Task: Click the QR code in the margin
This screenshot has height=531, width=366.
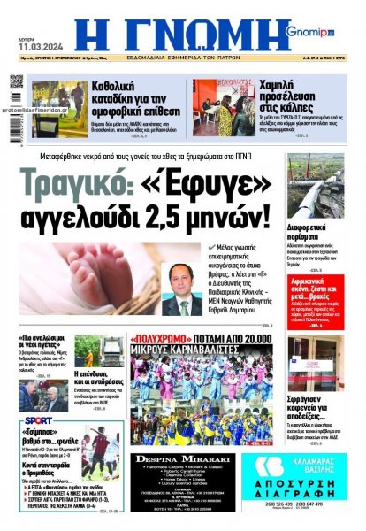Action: (x=16, y=81)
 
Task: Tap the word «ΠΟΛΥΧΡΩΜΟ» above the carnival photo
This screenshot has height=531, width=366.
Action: (x=158, y=338)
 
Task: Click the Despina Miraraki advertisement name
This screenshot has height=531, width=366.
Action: (x=182, y=461)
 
